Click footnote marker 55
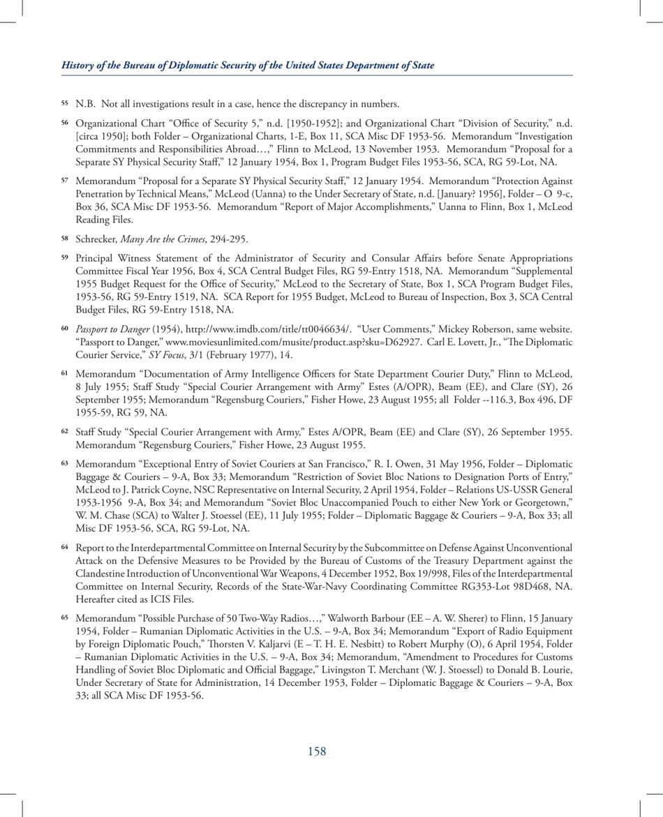(65, 105)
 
